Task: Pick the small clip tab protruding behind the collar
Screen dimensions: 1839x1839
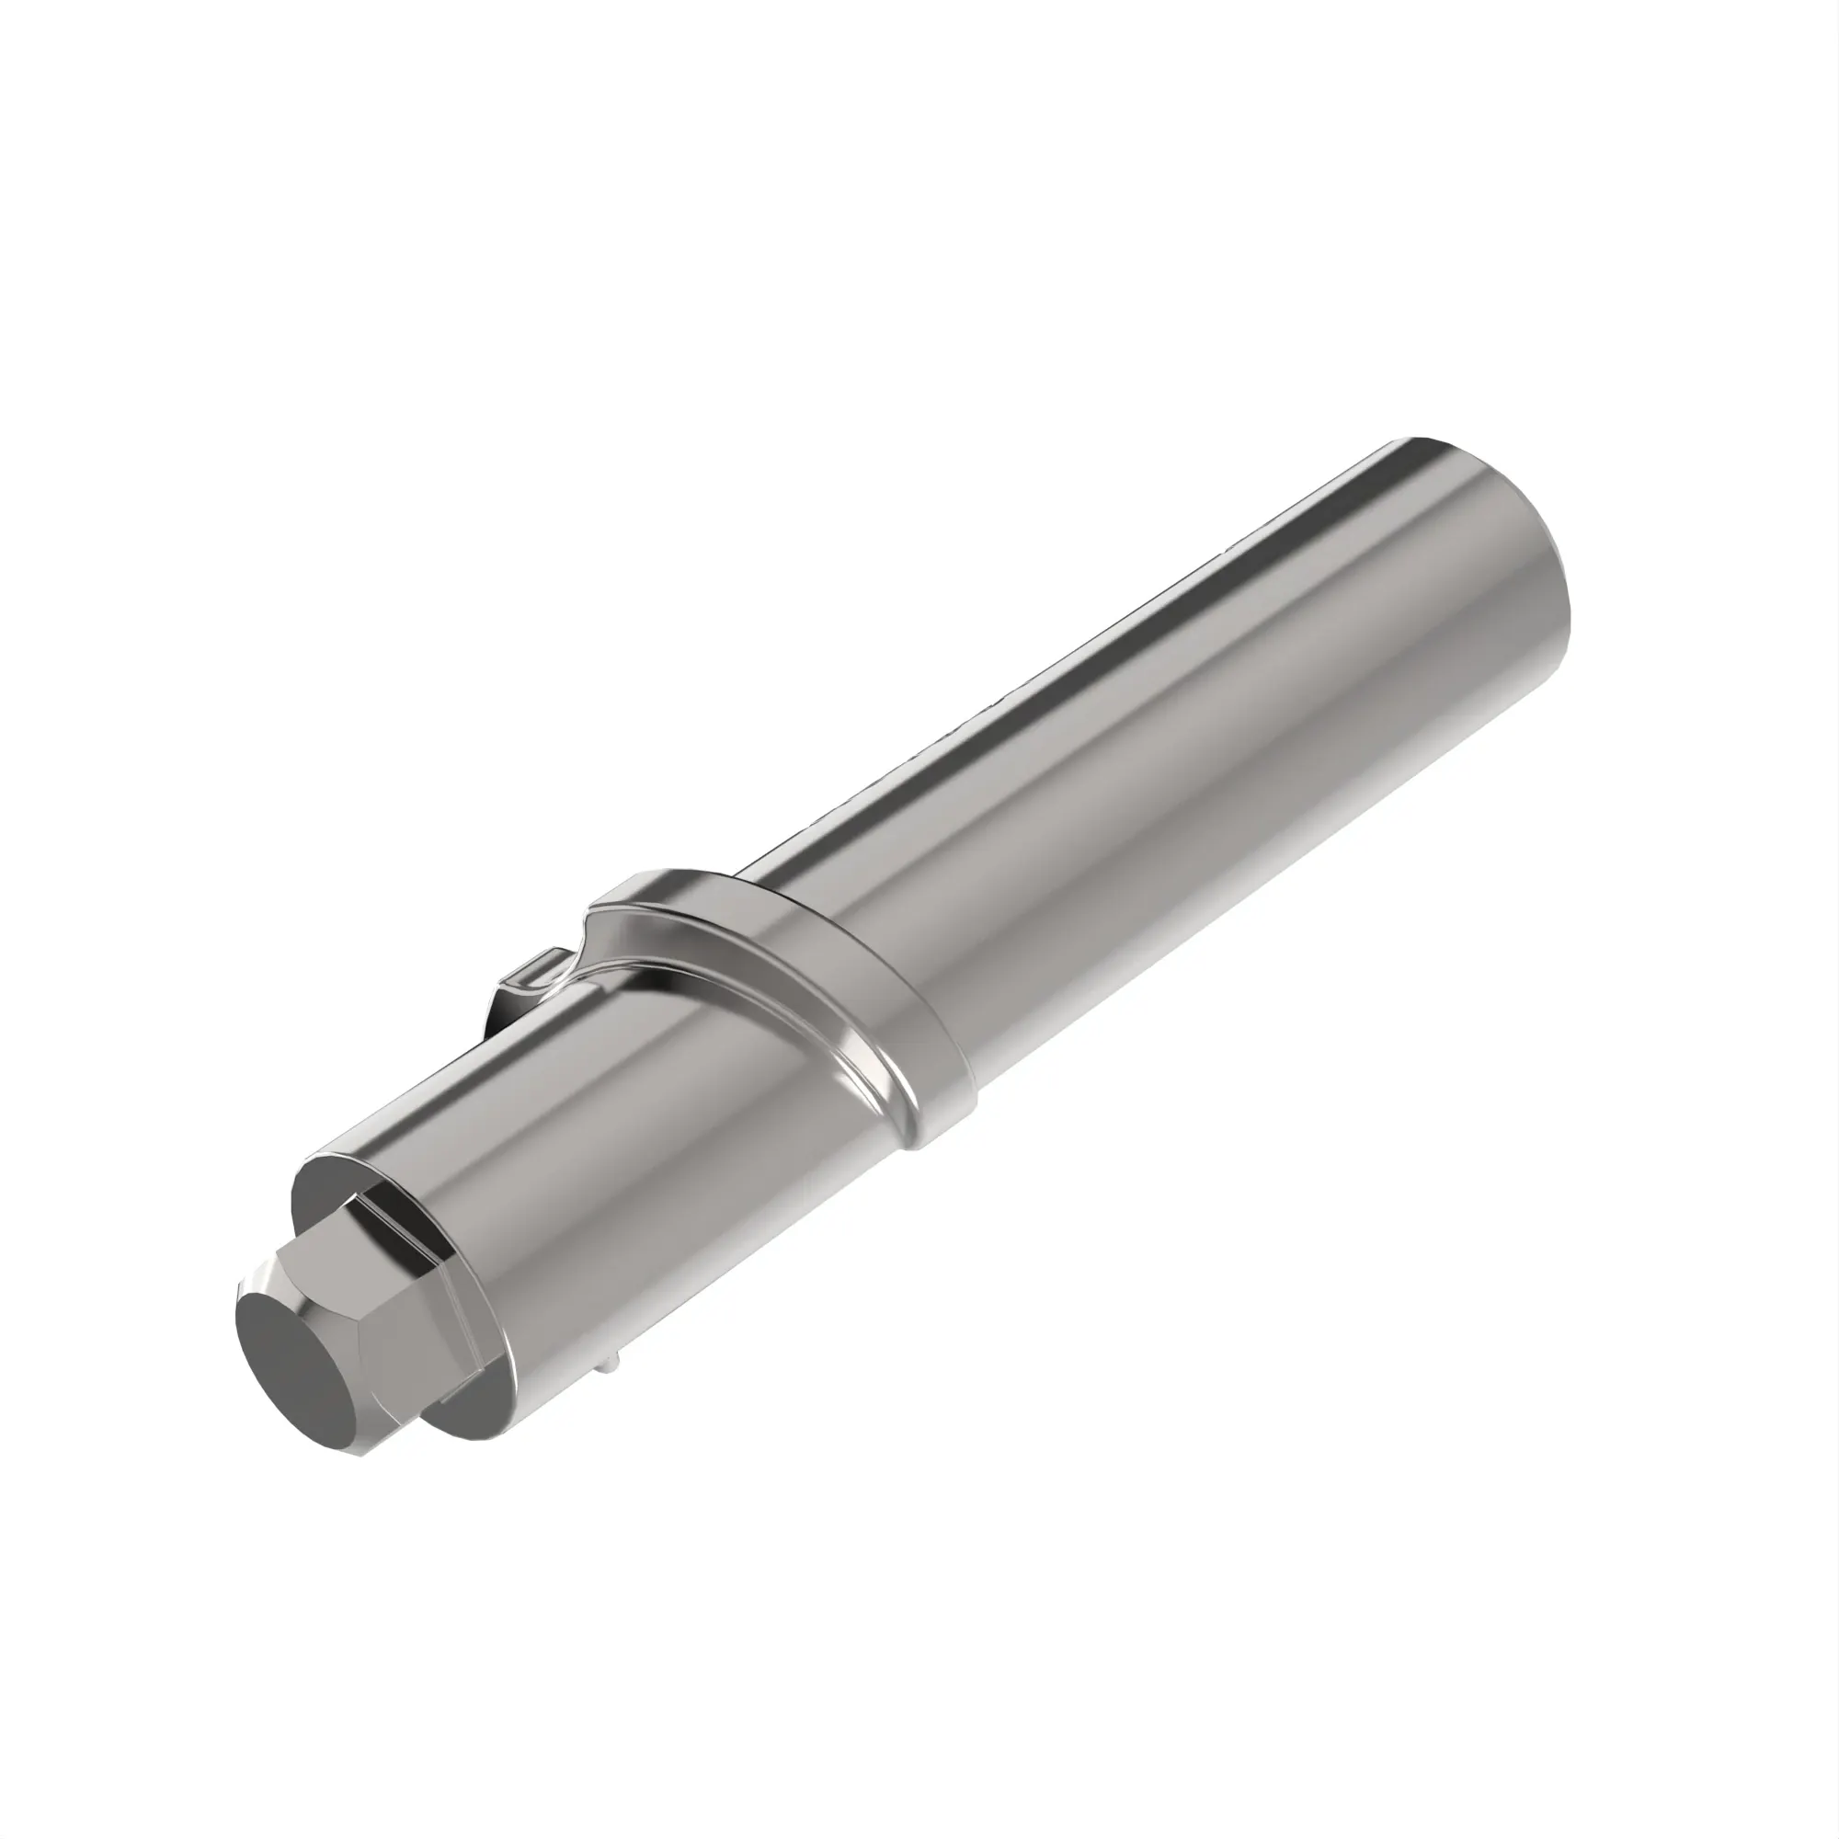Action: pos(530,981)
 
